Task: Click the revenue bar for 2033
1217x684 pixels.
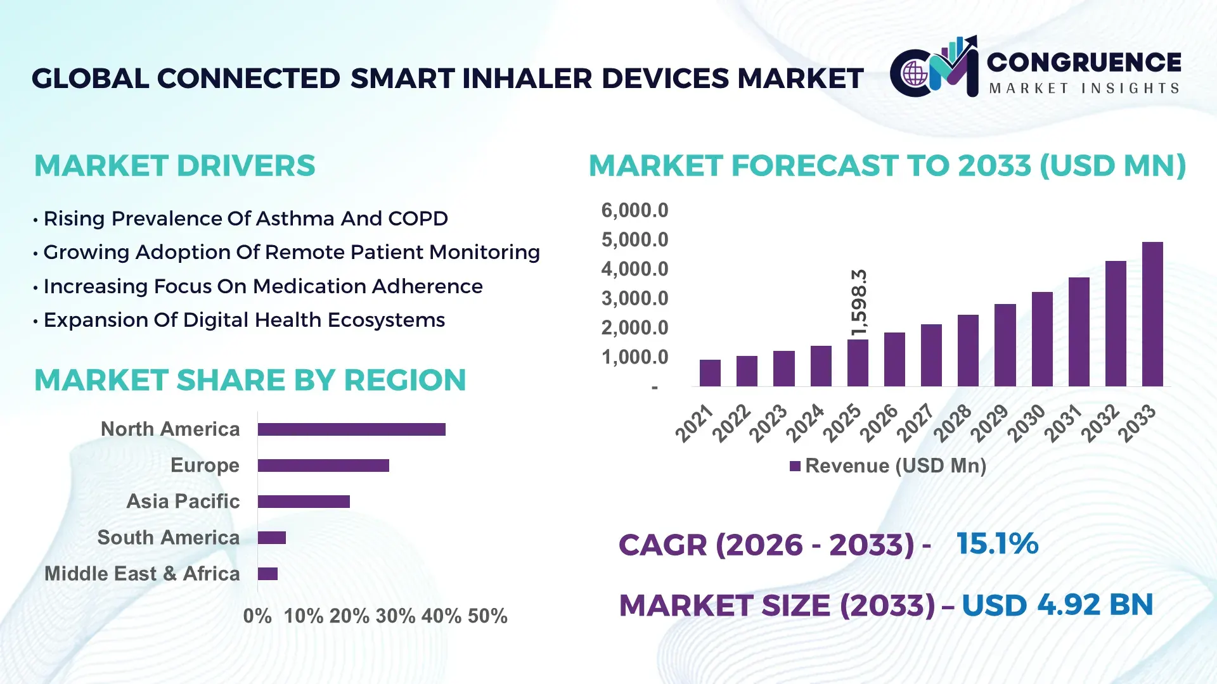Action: (x=1152, y=314)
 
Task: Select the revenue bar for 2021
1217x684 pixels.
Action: (x=710, y=373)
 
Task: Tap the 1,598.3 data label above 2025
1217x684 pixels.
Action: (x=859, y=303)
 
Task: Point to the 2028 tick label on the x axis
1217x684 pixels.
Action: (x=953, y=422)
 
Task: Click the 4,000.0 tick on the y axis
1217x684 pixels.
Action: (x=634, y=269)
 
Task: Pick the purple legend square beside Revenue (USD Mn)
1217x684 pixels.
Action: (x=795, y=467)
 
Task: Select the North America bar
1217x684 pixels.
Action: (x=351, y=429)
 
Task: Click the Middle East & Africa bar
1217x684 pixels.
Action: (x=267, y=574)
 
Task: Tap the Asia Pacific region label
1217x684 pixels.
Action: (x=183, y=502)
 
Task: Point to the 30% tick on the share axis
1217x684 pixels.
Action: (x=396, y=616)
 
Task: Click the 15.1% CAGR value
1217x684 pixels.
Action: (x=997, y=544)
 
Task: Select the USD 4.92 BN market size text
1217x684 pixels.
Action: (x=1057, y=605)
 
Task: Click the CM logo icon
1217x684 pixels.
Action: (x=934, y=67)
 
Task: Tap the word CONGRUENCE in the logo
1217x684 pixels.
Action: (x=1084, y=63)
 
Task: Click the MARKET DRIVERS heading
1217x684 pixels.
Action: (x=174, y=166)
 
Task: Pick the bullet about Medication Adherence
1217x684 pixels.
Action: (x=262, y=286)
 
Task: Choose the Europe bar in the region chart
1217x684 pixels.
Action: (x=323, y=465)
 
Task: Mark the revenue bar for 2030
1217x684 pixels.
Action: (x=1041, y=339)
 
